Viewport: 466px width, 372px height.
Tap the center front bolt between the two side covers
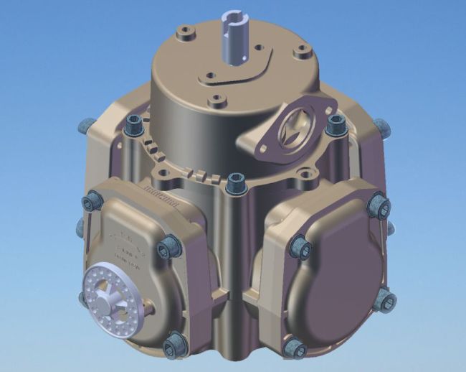(x=234, y=185)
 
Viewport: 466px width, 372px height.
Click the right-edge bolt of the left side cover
(x=168, y=248)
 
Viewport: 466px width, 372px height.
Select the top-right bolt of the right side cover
(x=379, y=207)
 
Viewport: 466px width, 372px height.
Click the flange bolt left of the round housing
(x=134, y=125)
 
